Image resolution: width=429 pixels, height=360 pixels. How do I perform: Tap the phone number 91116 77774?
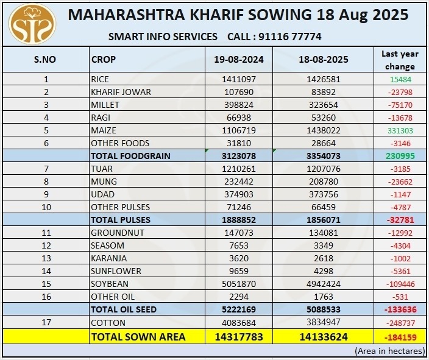[289, 37]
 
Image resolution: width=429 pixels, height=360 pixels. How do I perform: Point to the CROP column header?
[104, 60]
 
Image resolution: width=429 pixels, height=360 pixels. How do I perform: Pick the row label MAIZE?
[103, 130]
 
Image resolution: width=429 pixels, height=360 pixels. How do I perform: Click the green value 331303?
[400, 130]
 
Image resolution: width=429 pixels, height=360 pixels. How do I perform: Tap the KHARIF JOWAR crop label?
[121, 92]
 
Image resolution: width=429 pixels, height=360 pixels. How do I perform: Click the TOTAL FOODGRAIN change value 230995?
[400, 156]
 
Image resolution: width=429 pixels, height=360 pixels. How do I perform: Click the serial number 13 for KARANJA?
[46, 258]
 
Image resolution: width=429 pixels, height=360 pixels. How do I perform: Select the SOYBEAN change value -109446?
[400, 284]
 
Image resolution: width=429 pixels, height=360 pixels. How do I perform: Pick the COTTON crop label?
[108, 322]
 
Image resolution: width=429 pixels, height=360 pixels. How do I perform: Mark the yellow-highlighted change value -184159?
[400, 336]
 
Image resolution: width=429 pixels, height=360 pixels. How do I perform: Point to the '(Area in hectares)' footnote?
[388, 351]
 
